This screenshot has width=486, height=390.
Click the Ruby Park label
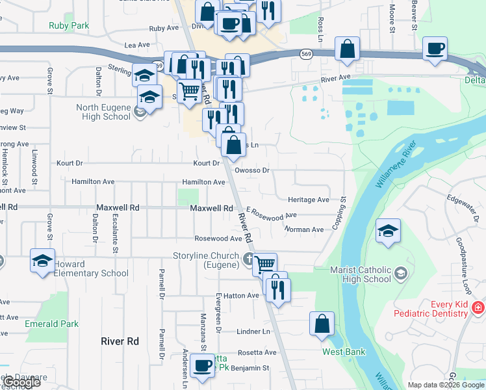pos(68,26)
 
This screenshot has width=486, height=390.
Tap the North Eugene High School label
pos(103,112)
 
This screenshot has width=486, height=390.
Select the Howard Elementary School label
pos(91,268)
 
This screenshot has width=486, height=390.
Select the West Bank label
pos(344,352)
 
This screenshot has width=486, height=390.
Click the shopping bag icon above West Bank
pos(322,323)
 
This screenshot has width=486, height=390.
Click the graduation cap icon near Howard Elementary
pos(43,261)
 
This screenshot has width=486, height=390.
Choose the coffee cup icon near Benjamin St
pos(203,365)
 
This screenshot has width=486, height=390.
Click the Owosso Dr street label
pos(252,170)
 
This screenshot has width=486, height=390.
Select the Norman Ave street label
pos(303,229)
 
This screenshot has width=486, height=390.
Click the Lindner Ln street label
pos(253,331)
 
